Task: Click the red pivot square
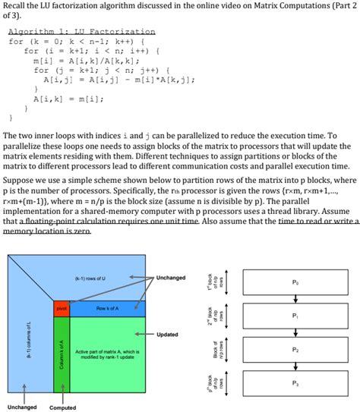(x=61, y=308)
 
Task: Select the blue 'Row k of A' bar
(x=106, y=308)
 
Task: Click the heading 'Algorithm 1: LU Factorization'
(x=82, y=32)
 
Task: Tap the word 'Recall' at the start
(x=17, y=7)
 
